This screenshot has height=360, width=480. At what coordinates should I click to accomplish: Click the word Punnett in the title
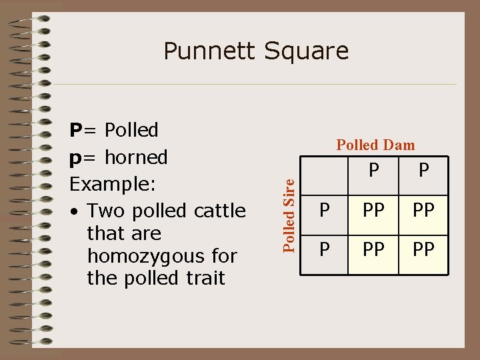click(207, 51)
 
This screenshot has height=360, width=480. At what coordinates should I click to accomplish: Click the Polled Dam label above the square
click(375, 145)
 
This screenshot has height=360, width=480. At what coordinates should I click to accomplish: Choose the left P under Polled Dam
click(373, 172)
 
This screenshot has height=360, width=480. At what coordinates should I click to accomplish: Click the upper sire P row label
click(325, 211)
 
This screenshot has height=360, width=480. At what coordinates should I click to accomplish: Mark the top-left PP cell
click(373, 211)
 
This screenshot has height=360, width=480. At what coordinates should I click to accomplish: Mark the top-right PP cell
click(423, 211)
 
